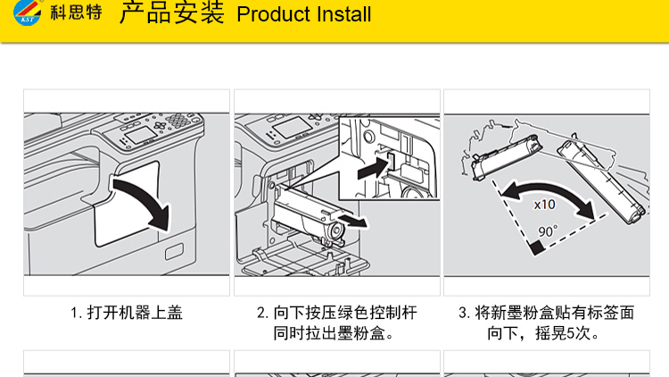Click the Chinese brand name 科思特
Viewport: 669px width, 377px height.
pyautogui.click(x=75, y=15)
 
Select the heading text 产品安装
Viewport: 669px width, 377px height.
pyautogui.click(x=171, y=14)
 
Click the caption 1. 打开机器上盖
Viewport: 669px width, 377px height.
pyautogui.click(x=127, y=314)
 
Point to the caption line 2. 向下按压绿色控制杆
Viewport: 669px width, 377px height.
pyautogui.click(x=338, y=314)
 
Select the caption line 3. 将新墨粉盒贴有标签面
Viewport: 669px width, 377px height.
pyautogui.click(x=546, y=314)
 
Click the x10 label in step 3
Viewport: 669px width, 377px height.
pyautogui.click(x=543, y=204)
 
